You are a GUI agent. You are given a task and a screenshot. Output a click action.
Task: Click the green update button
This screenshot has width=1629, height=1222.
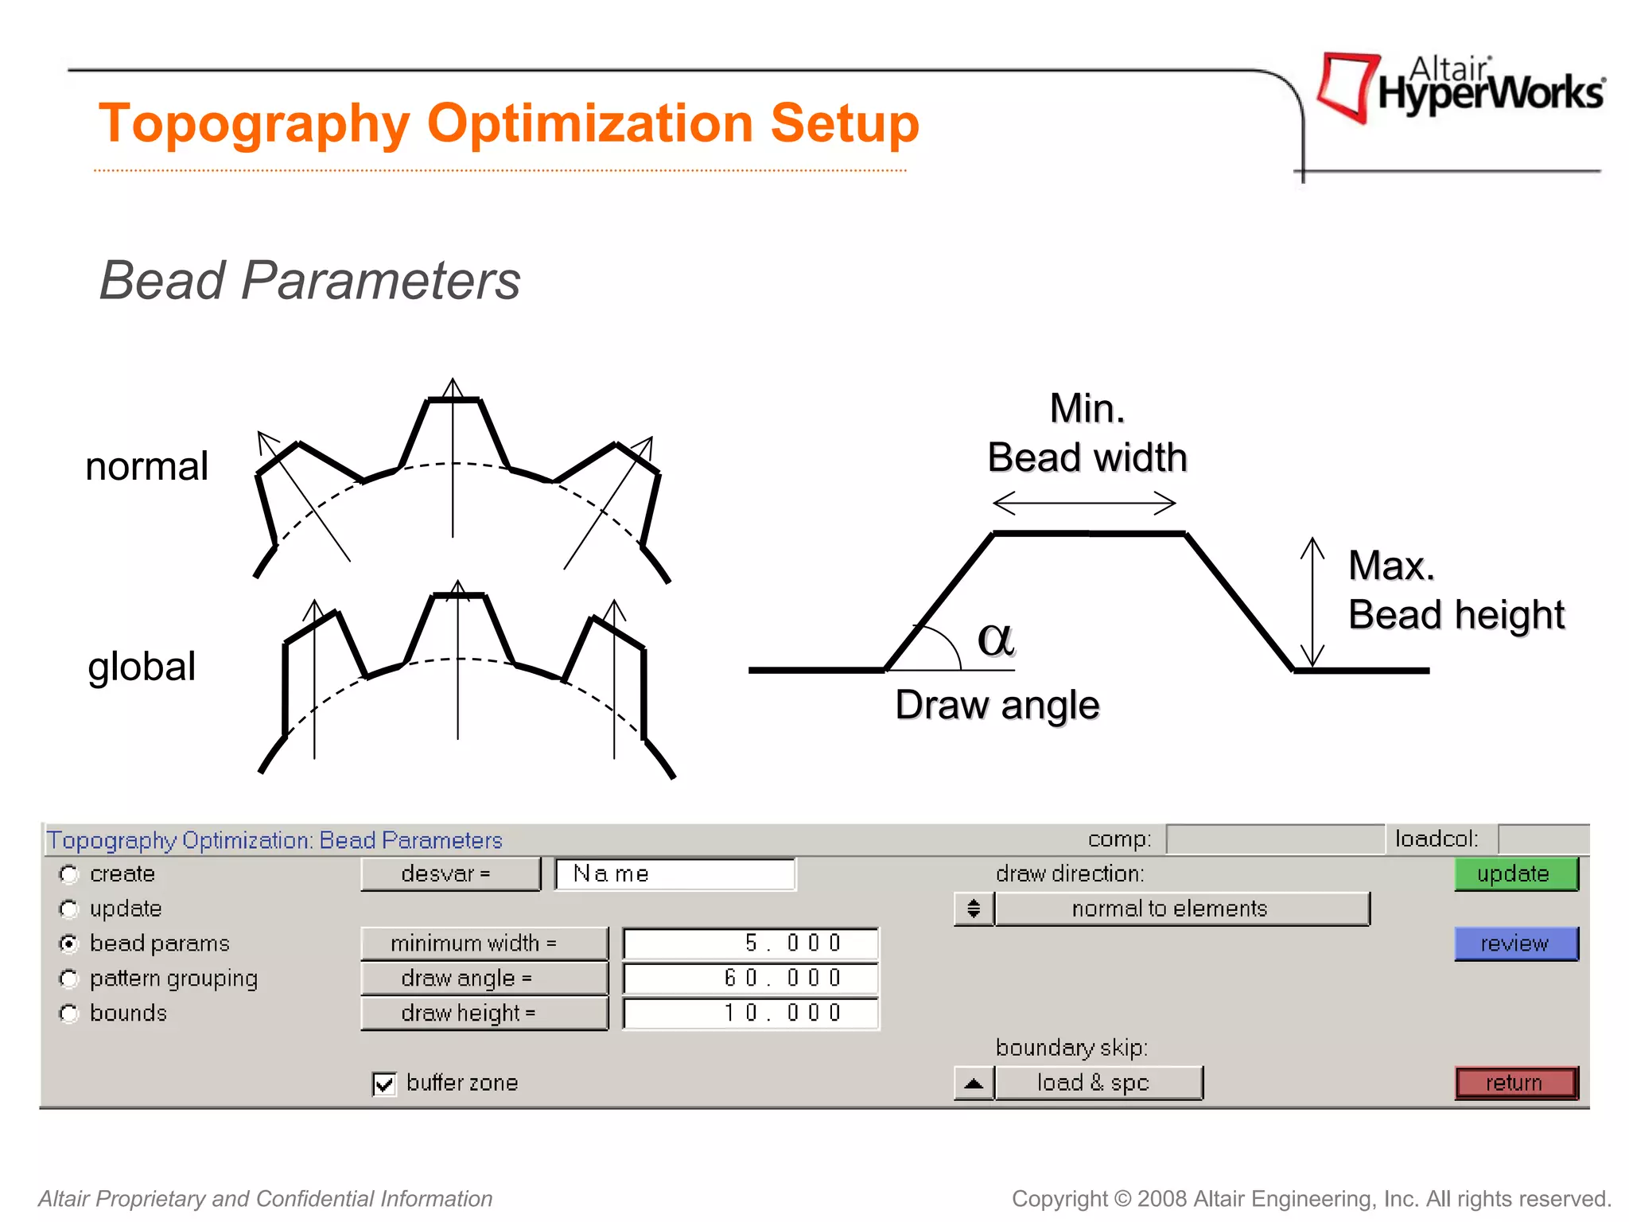pos(1515,874)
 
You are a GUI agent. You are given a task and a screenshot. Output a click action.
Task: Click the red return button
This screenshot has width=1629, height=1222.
pos(1515,1083)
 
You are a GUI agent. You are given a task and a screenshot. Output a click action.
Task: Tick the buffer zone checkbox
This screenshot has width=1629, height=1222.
pos(384,1084)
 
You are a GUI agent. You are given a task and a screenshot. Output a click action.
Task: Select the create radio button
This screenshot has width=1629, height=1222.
pos(70,874)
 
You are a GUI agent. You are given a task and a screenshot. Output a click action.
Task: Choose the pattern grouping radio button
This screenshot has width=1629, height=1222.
pos(70,979)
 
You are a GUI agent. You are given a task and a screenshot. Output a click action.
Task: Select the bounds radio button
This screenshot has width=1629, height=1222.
pos(70,1014)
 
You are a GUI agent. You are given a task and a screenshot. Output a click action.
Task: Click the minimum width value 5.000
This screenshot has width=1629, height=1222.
pos(751,944)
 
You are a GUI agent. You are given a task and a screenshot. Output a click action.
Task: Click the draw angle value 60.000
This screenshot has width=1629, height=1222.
pos(751,978)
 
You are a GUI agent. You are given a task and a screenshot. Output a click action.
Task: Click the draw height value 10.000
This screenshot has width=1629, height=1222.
pos(751,1013)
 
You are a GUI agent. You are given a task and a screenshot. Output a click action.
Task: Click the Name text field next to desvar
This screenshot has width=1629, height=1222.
pos(675,874)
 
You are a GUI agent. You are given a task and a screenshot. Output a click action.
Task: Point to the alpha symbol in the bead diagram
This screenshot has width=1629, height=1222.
pos(996,639)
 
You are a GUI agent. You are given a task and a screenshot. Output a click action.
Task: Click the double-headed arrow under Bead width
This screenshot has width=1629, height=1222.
pos(1084,503)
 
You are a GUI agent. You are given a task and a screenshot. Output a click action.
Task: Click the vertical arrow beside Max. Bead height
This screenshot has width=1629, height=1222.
pos(1312,602)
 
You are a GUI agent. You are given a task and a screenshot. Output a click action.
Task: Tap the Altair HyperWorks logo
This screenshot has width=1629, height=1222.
pos(1460,88)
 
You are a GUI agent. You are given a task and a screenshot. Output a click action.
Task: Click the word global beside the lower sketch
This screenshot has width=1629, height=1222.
pos(142,666)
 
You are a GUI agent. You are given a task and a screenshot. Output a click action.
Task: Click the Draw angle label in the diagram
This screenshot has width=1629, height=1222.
pos(997,705)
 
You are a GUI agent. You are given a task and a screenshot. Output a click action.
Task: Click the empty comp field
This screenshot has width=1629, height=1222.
pos(1275,839)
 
